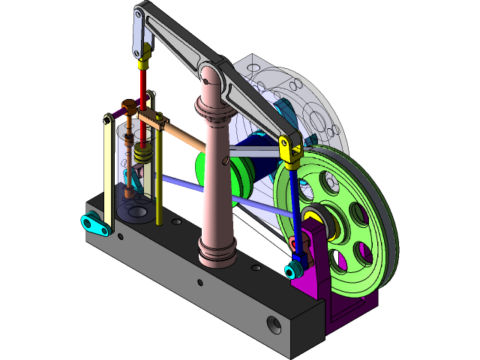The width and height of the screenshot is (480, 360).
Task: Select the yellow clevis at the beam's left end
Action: point(145,52)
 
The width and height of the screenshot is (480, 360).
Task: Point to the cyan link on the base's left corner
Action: point(93,223)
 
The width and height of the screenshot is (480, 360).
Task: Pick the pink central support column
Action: point(217,180)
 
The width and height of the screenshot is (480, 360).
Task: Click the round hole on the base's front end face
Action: point(273,325)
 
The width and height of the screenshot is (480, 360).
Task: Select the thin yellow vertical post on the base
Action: point(160,180)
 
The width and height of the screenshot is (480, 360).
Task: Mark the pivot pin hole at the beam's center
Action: point(211,73)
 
